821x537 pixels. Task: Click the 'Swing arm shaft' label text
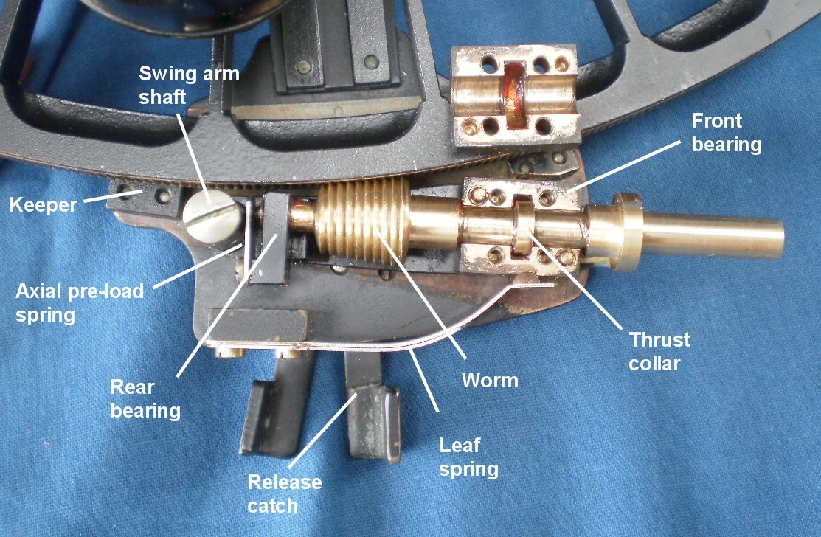click(189, 85)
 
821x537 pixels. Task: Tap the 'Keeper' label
click(43, 204)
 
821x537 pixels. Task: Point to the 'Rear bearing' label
click(145, 399)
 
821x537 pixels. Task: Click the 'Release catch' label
click(284, 493)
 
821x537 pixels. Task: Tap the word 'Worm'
click(490, 381)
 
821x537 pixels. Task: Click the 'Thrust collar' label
click(659, 351)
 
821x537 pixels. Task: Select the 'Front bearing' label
click(727, 132)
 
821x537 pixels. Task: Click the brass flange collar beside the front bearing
click(628, 232)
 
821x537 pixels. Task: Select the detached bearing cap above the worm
click(515, 94)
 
